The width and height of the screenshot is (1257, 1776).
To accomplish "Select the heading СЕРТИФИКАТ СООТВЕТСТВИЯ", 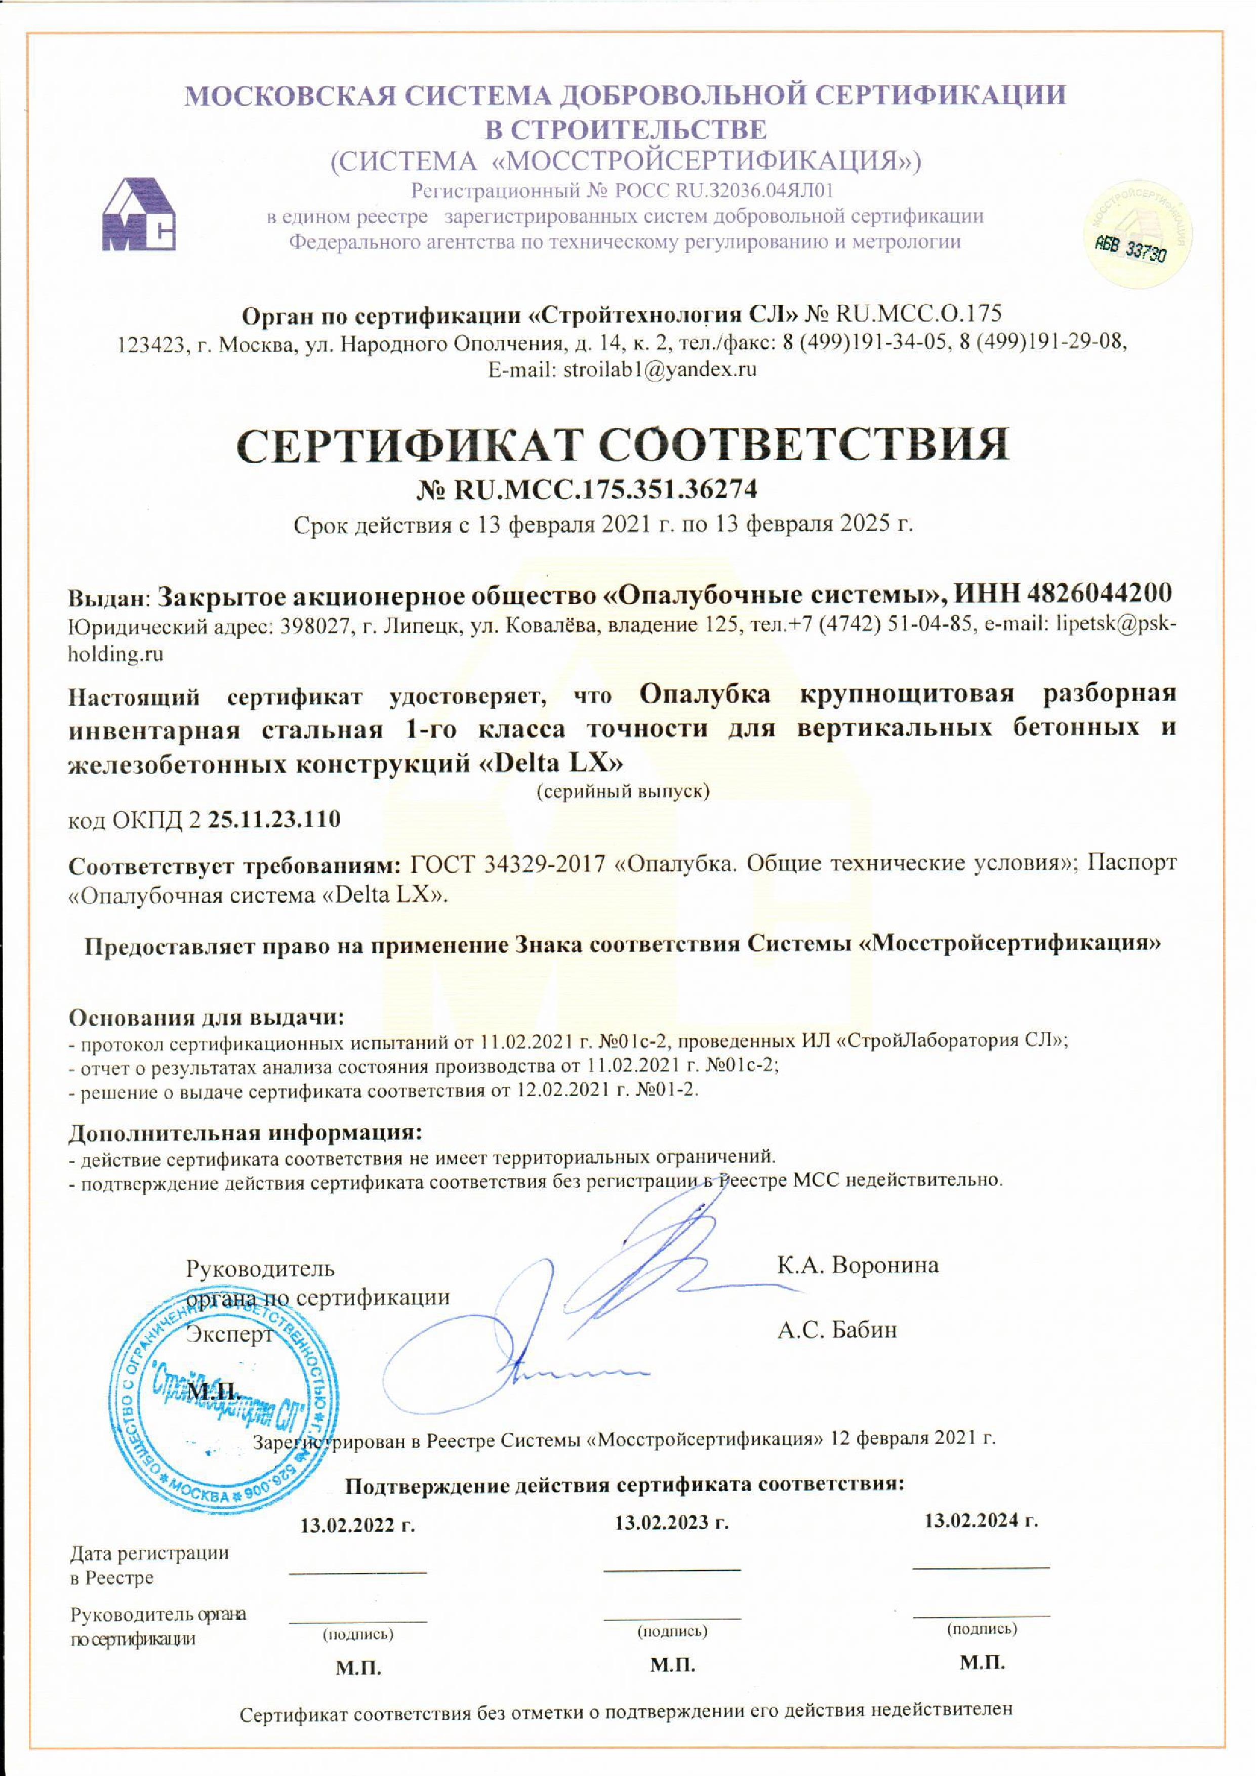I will tap(624, 443).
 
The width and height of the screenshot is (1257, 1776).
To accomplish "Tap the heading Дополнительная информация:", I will tap(246, 1133).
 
